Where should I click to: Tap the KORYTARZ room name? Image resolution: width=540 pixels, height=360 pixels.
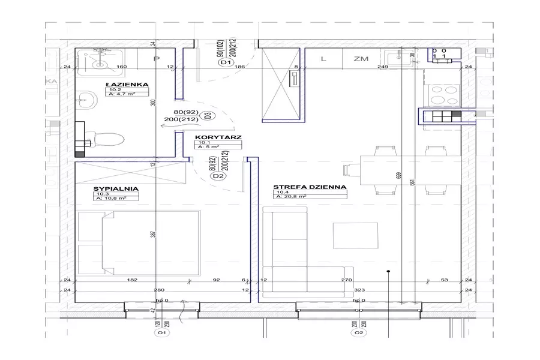(x=218, y=137)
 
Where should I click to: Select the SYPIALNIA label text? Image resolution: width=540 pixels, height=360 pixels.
(x=116, y=188)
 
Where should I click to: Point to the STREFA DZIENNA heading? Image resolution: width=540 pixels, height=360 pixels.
(x=310, y=187)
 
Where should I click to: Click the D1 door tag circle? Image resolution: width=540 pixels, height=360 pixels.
(x=226, y=62)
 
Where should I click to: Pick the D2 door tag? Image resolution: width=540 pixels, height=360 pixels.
(x=218, y=176)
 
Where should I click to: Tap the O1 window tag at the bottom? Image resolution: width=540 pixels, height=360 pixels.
(x=160, y=332)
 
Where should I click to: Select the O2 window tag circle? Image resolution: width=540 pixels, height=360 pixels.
(x=358, y=332)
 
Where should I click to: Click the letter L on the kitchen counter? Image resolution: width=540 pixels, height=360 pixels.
(x=323, y=59)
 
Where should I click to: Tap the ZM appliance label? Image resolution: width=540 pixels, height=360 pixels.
(x=361, y=59)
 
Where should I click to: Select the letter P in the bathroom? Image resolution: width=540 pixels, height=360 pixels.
(x=156, y=59)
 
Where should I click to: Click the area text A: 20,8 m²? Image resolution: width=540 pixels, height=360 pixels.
(x=290, y=196)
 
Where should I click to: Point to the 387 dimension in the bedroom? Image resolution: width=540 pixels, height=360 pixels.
(x=153, y=236)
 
